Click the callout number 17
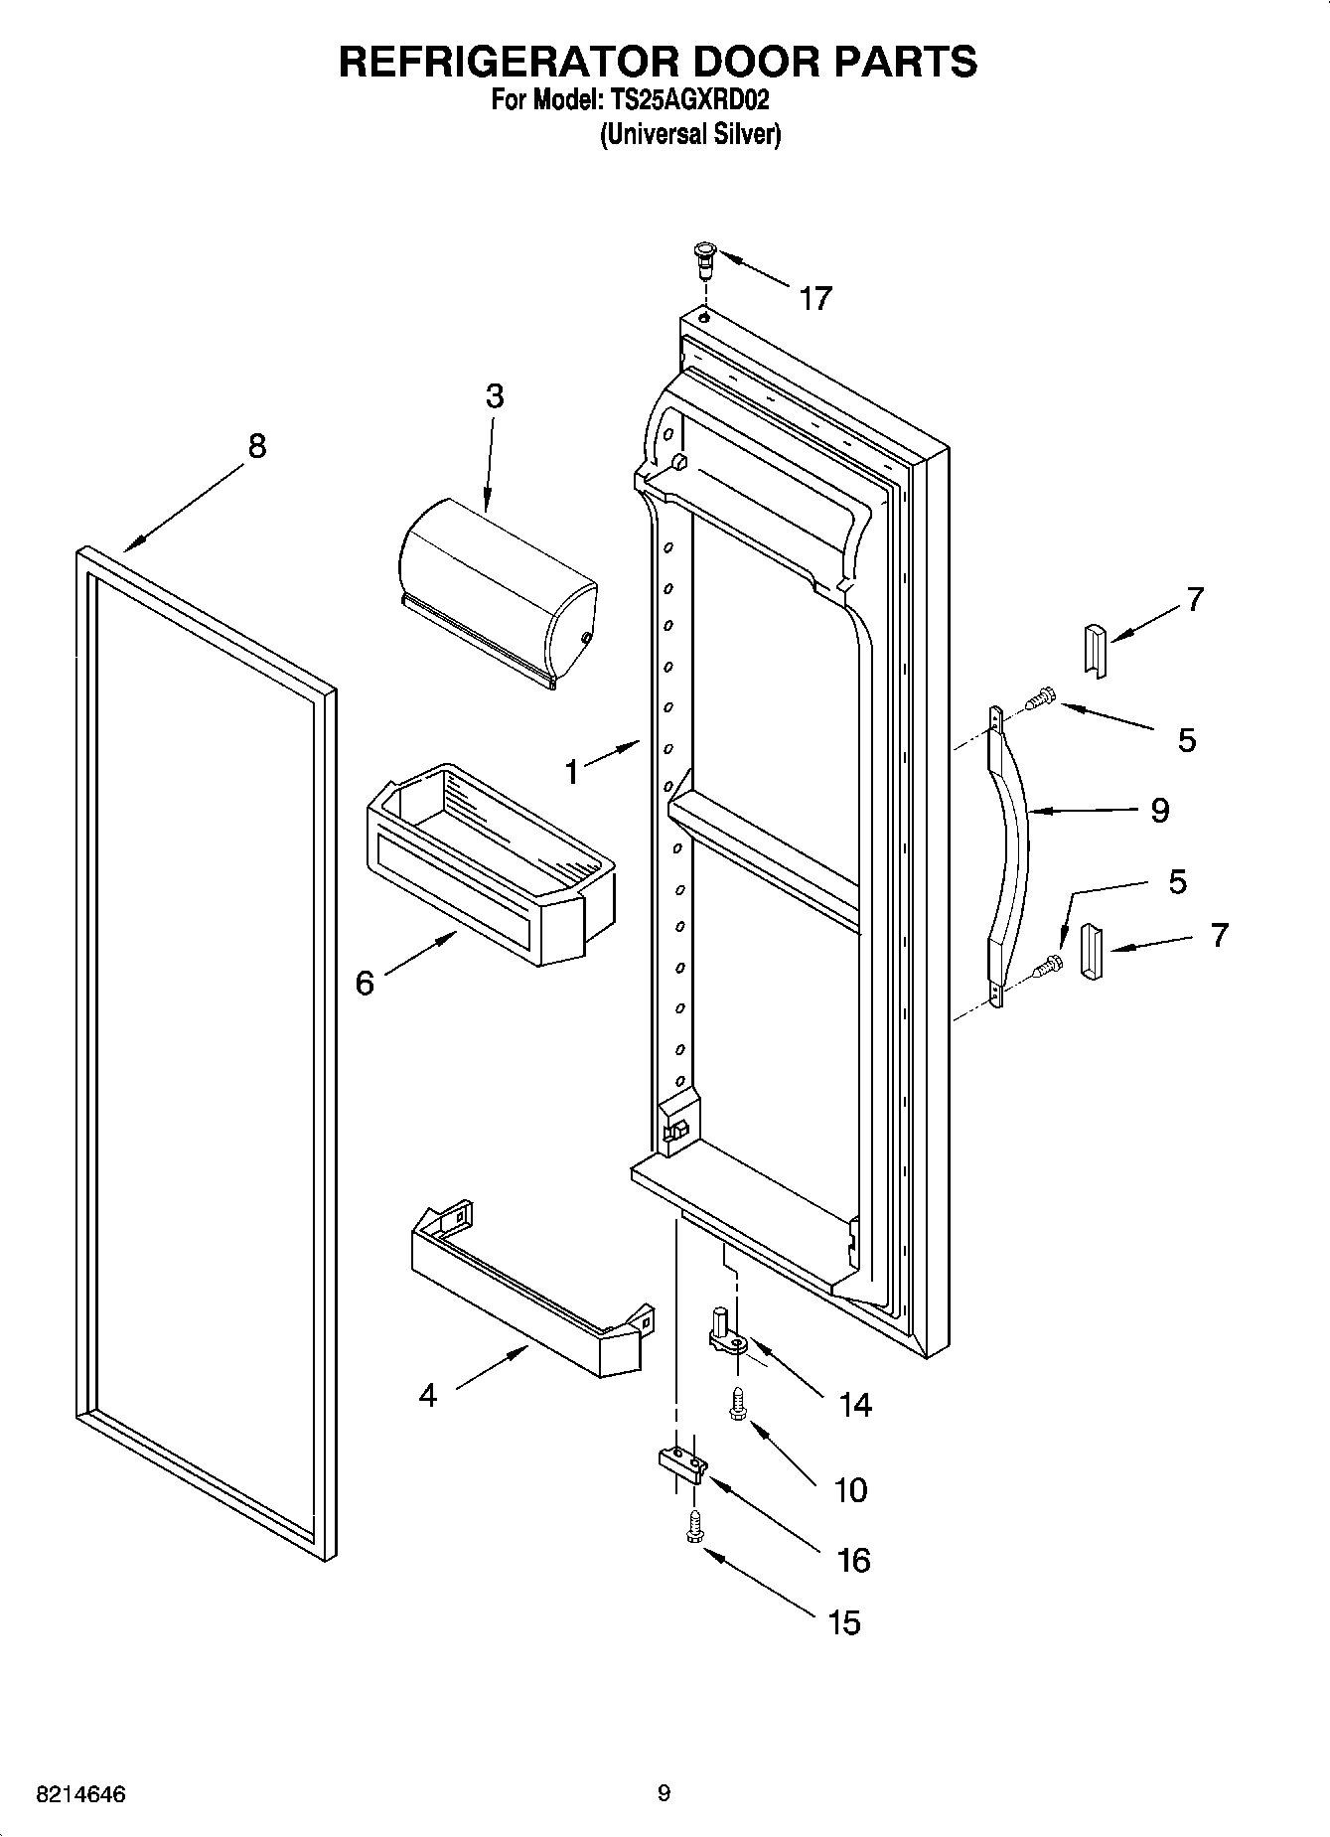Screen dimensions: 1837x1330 pyautogui.click(x=815, y=298)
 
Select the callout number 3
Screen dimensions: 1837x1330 pyautogui.click(x=494, y=396)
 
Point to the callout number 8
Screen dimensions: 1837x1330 pyautogui.click(x=257, y=446)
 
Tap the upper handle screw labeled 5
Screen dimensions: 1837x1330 pyautogui.click(x=1038, y=699)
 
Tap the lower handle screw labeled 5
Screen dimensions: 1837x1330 pyautogui.click(x=1046, y=964)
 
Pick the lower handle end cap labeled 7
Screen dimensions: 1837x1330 pyautogui.click(x=1092, y=951)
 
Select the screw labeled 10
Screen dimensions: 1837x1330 pyautogui.click(x=737, y=1406)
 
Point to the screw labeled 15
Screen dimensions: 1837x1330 pyautogui.click(x=694, y=1527)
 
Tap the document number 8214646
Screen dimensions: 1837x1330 pyautogui.click(x=80, y=1794)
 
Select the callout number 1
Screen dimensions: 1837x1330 pyautogui.click(x=571, y=771)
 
